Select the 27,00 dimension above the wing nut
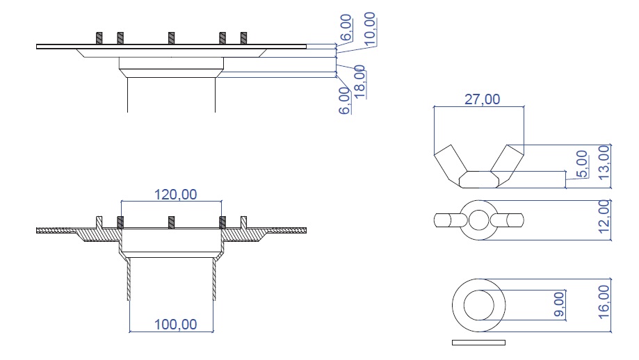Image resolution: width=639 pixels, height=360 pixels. [x=481, y=99]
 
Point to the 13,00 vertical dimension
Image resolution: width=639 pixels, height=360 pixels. [x=604, y=161]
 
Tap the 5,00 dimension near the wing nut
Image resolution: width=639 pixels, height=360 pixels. [x=583, y=164]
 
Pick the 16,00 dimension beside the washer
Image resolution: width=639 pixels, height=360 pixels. [x=604, y=300]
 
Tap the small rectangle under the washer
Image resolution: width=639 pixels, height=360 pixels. [x=478, y=343]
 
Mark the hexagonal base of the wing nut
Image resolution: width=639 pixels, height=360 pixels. [x=478, y=179]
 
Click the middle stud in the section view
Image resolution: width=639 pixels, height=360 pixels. [x=170, y=222]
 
